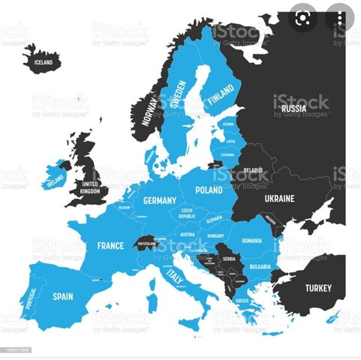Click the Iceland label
[x=43, y=62]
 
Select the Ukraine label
[x=279, y=199]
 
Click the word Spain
[x=62, y=296]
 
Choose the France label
[x=110, y=245]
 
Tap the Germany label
[x=160, y=200]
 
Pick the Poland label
[x=209, y=190]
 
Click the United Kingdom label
[x=90, y=187]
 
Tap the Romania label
[x=252, y=241]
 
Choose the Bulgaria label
[x=260, y=266]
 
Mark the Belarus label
[x=253, y=170]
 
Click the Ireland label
[x=54, y=181]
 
